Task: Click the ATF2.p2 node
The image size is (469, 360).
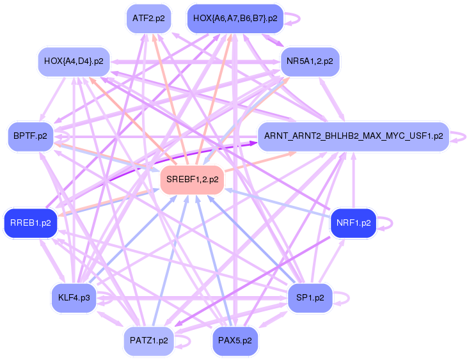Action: click(x=148, y=19)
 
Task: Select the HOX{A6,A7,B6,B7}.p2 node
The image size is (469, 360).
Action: click(x=235, y=19)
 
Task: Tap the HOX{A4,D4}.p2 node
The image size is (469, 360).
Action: click(x=74, y=61)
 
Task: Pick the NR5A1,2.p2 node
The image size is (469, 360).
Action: click(x=310, y=61)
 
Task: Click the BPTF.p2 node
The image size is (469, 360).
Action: click(x=30, y=136)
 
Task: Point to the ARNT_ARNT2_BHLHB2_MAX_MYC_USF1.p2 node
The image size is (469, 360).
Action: click(x=353, y=136)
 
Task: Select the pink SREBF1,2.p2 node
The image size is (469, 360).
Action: click(x=192, y=180)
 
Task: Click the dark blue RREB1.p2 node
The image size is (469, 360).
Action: click(x=30, y=223)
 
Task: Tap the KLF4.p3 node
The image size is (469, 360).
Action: click(x=74, y=298)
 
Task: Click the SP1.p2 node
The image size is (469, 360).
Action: click(x=310, y=298)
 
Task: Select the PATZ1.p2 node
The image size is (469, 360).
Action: click(x=148, y=341)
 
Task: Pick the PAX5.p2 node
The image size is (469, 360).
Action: click(x=235, y=341)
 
